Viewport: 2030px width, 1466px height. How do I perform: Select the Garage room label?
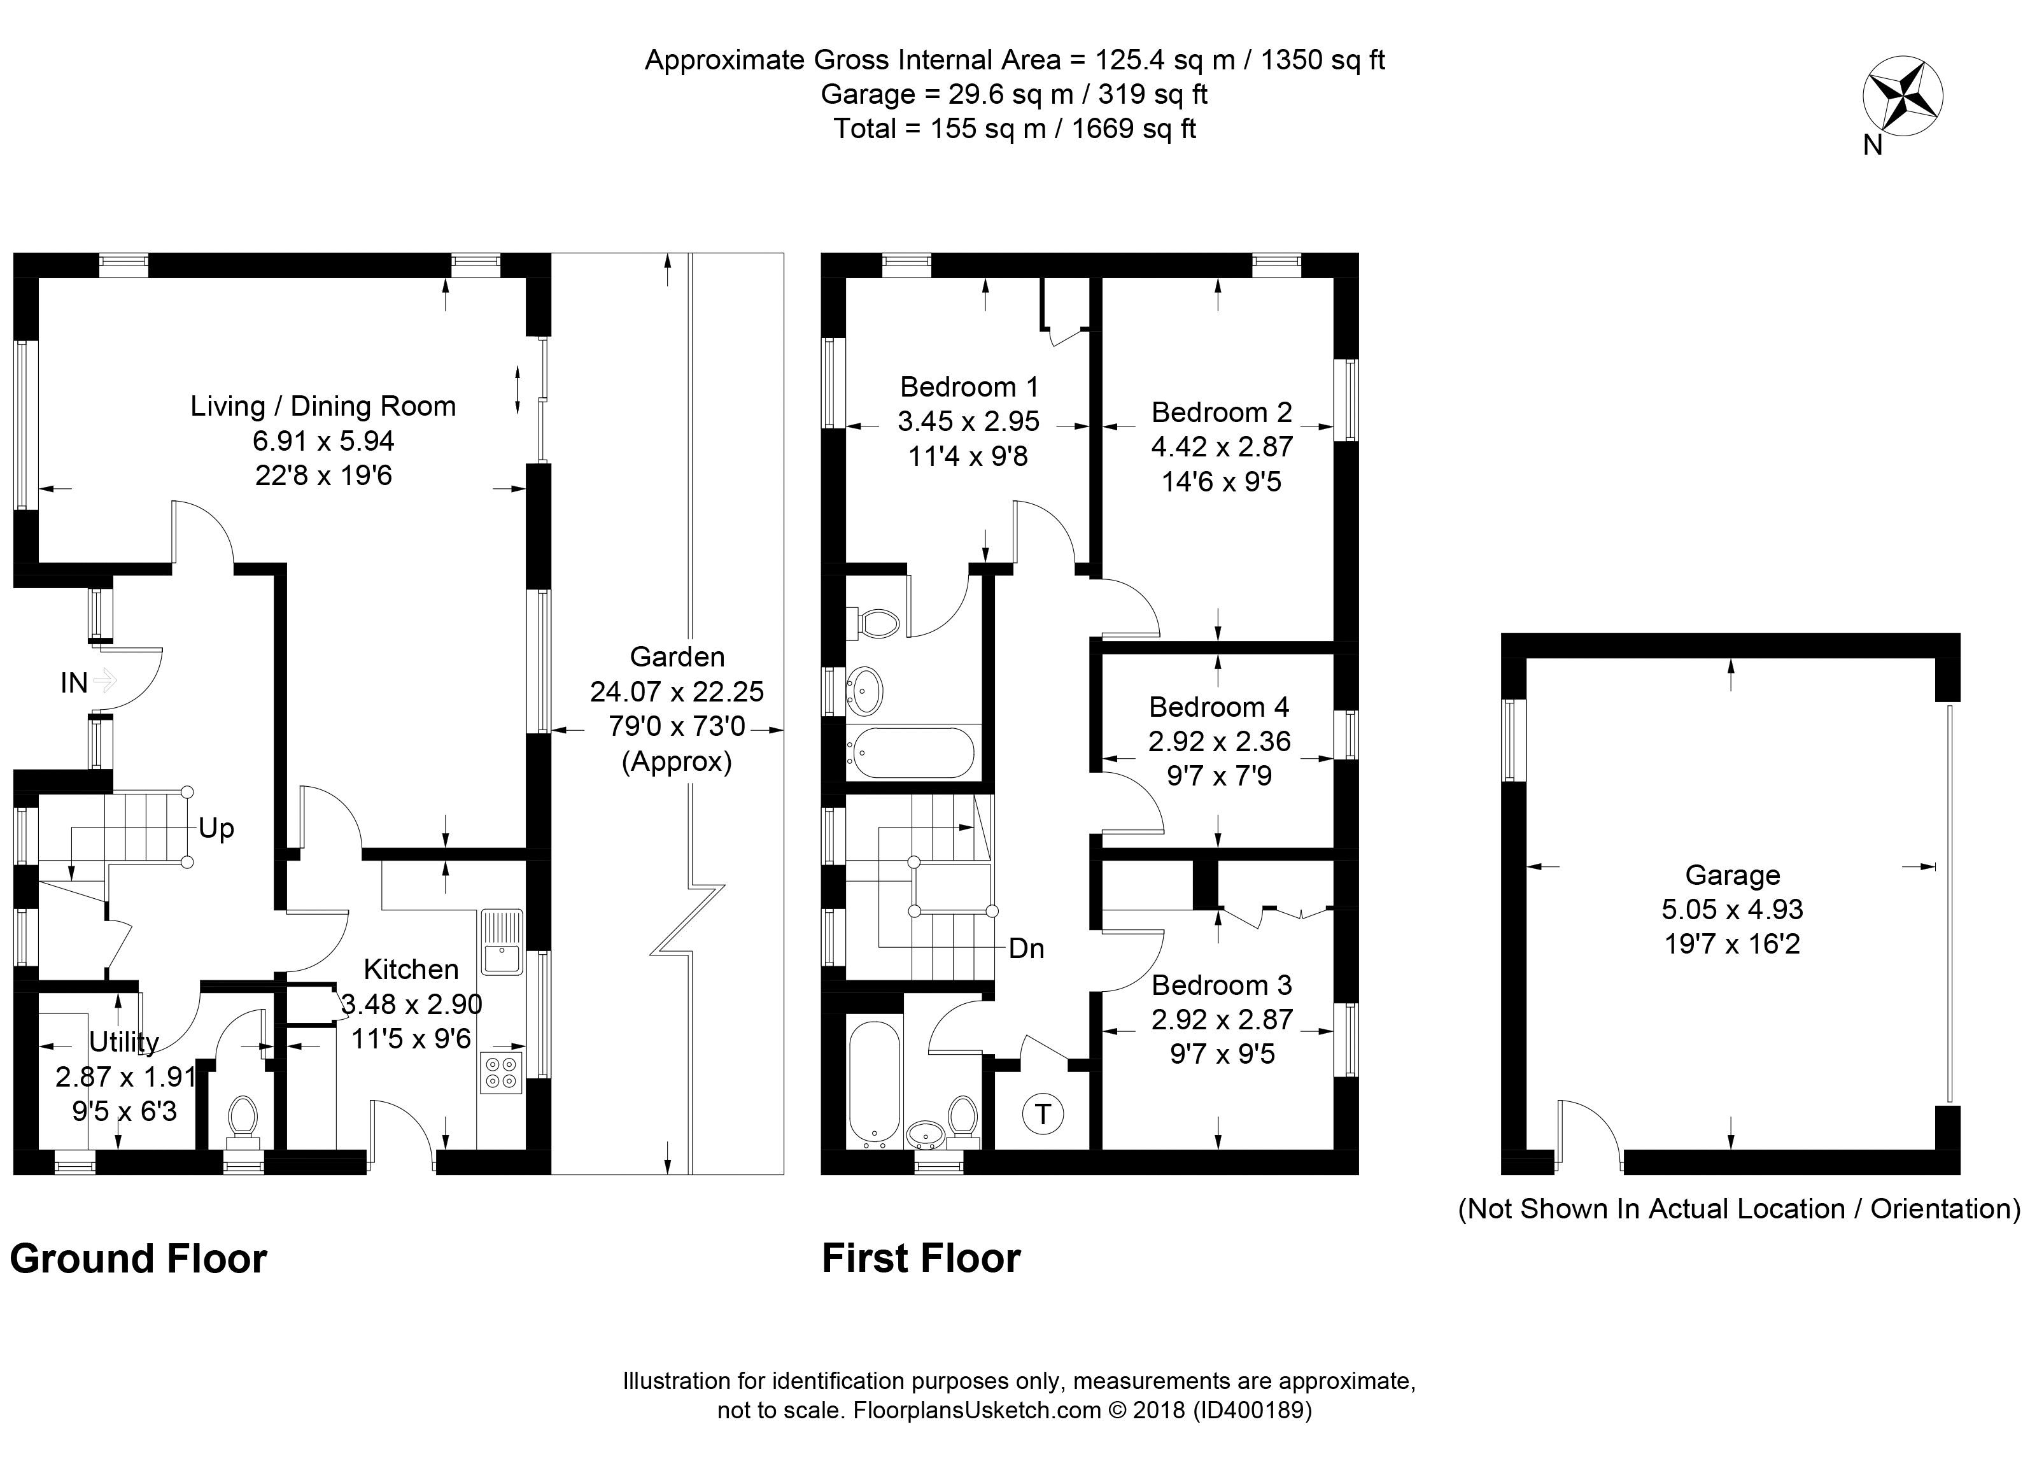(1732, 875)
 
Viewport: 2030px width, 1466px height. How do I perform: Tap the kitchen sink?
(501, 941)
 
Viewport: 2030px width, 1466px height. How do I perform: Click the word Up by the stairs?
(216, 828)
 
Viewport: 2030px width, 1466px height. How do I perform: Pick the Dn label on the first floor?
(1026, 948)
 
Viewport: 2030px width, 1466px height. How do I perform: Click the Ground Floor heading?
(139, 1258)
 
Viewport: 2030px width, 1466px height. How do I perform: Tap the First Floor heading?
(921, 1258)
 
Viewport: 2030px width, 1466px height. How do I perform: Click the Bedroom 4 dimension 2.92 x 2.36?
(1219, 741)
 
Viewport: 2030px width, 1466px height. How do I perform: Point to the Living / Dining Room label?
(323, 406)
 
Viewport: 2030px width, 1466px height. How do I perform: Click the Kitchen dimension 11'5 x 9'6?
(411, 1039)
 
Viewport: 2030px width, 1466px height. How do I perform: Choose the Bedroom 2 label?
(1221, 412)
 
